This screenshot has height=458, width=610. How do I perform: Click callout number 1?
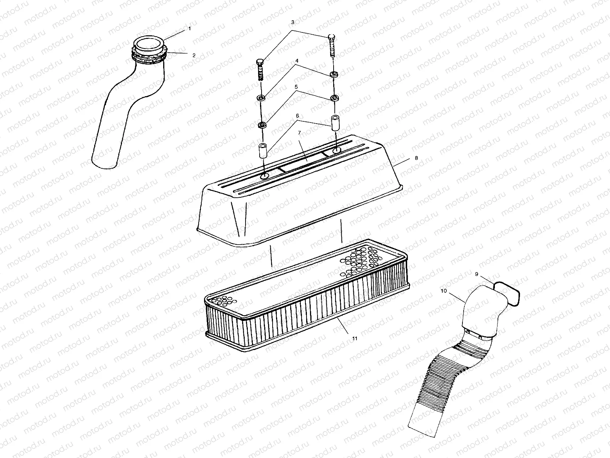click(189, 29)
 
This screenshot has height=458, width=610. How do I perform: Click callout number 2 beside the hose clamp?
click(194, 55)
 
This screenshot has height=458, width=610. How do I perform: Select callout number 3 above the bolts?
click(293, 23)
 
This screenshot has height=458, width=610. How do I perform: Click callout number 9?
click(477, 274)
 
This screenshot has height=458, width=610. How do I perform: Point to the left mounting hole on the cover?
click(264, 176)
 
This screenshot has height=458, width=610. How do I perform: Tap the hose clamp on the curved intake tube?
click(150, 55)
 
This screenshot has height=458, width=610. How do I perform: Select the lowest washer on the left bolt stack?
click(262, 125)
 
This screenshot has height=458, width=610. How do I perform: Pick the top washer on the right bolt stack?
click(334, 74)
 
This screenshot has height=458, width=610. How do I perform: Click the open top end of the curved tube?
click(149, 42)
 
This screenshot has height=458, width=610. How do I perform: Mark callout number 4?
click(297, 61)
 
